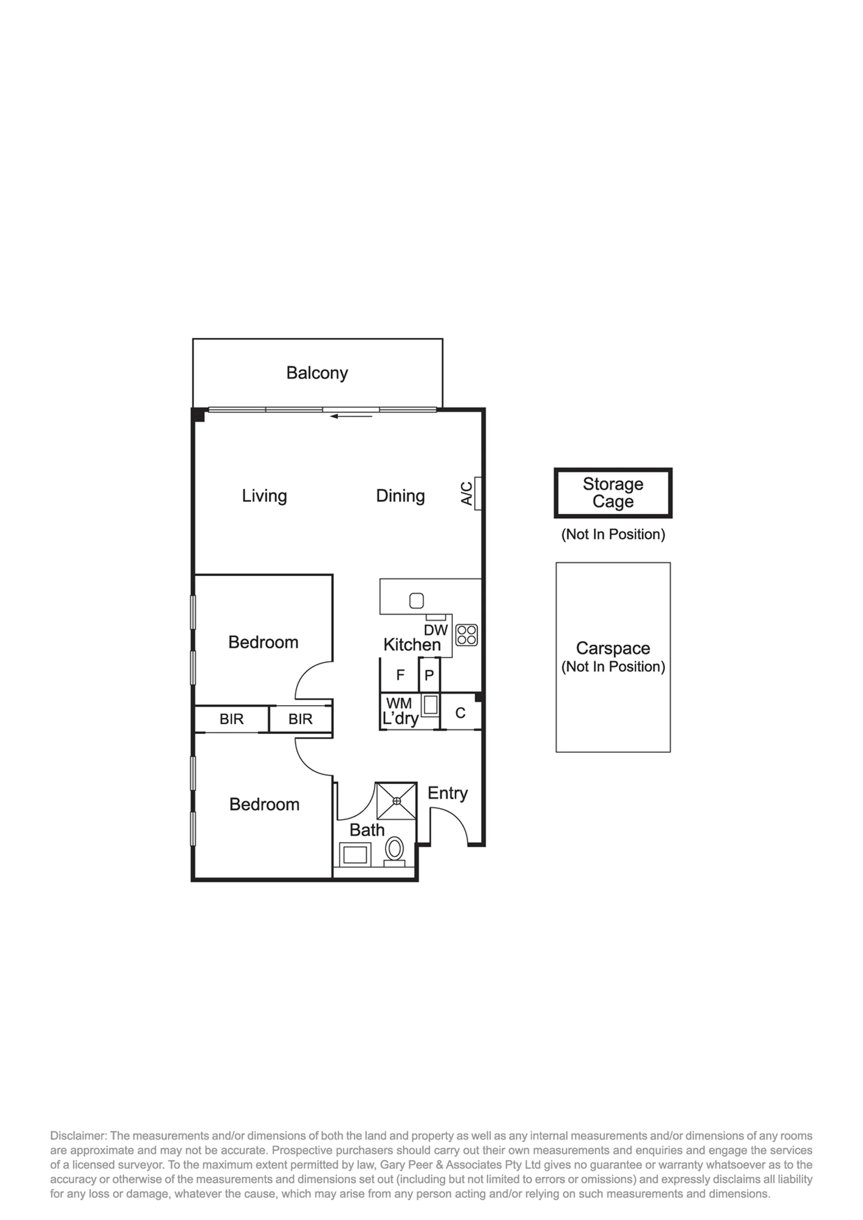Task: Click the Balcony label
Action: click(x=317, y=373)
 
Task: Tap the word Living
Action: click(x=264, y=496)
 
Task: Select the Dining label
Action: click(x=400, y=496)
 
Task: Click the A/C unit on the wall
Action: click(x=478, y=494)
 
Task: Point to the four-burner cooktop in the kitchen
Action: click(x=467, y=635)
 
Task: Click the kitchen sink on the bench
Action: click(x=417, y=601)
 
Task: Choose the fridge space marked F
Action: click(x=400, y=675)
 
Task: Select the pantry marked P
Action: click(x=429, y=675)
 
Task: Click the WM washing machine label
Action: click(x=399, y=703)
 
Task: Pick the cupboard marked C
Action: click(x=461, y=713)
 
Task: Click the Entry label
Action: click(x=447, y=794)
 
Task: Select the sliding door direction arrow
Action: click(x=351, y=416)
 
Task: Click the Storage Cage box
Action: click(x=613, y=493)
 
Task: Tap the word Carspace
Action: click(x=613, y=648)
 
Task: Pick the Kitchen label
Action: click(x=412, y=645)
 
